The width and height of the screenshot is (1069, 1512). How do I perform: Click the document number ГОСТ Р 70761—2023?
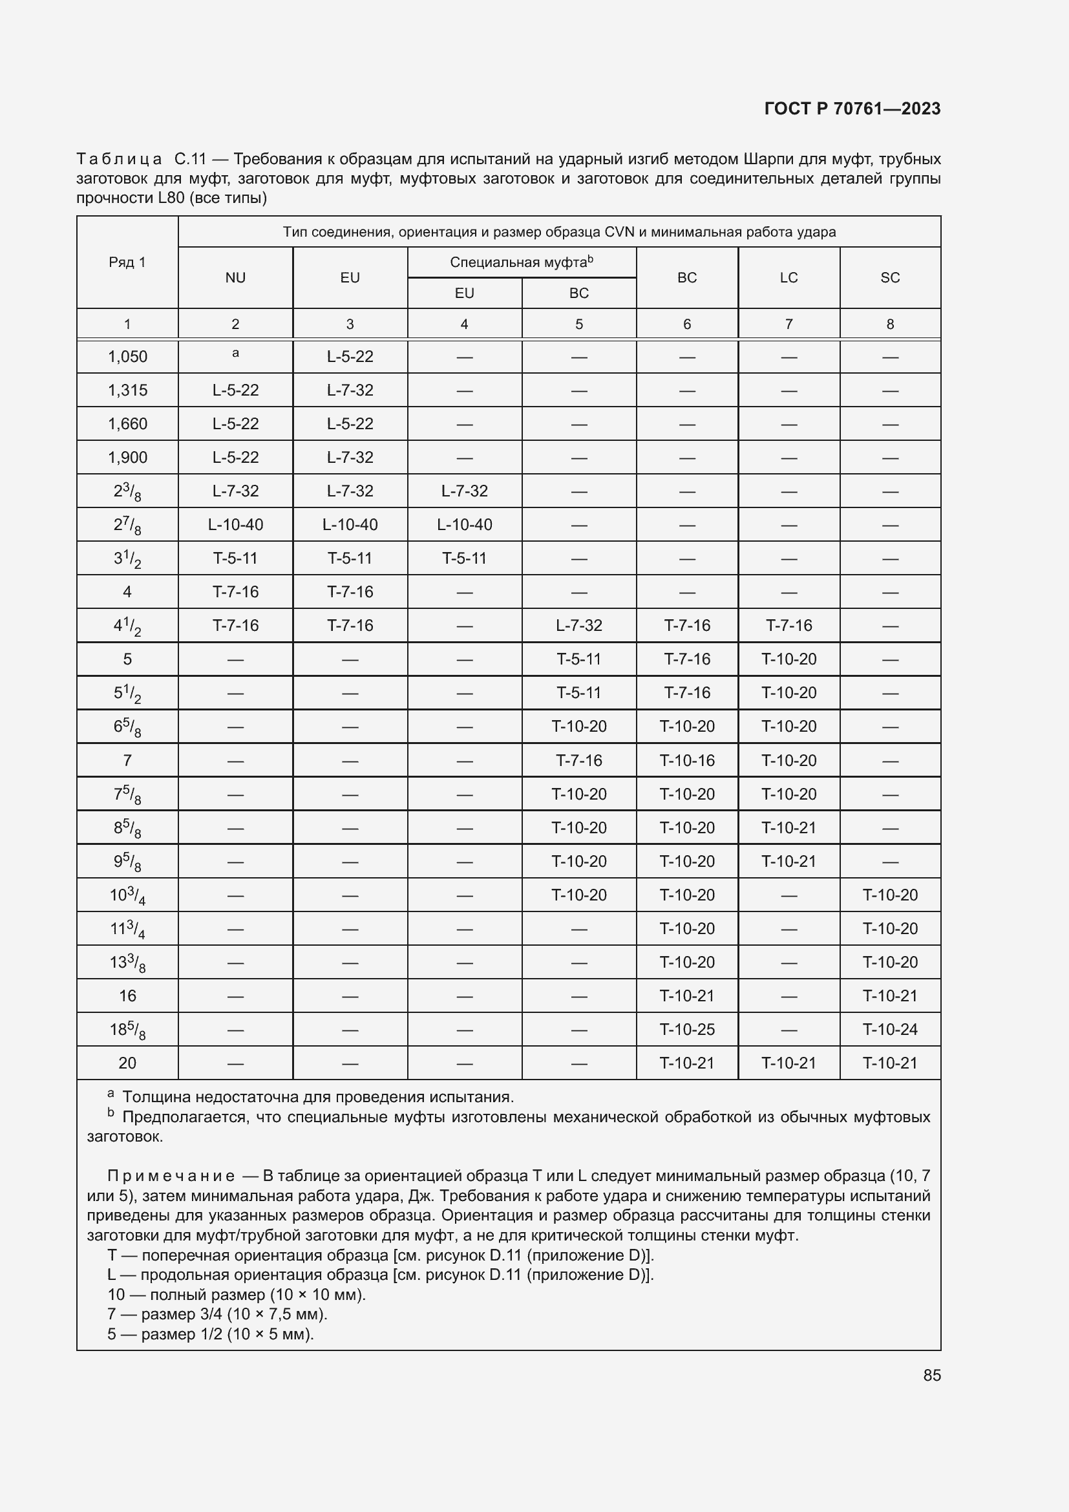tap(852, 109)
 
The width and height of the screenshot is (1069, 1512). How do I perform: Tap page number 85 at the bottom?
tap(931, 1375)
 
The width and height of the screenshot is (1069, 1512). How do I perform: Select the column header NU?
tap(235, 278)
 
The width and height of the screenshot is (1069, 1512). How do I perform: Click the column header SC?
tap(889, 278)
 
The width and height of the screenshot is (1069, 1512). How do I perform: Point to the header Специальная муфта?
tap(521, 262)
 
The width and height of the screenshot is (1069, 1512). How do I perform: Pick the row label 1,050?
tap(127, 357)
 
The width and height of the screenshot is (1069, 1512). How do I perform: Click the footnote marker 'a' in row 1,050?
tap(235, 354)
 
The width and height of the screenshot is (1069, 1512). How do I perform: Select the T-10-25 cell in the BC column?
tap(686, 1029)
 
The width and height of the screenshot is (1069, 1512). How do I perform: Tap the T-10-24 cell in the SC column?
tap(889, 1029)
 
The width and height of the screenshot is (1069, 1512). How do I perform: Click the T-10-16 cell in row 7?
tap(686, 761)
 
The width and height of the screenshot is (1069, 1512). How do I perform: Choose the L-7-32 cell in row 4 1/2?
tap(578, 626)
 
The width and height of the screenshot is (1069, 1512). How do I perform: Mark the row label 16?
tap(127, 996)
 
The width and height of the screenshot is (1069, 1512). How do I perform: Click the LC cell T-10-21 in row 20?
tap(788, 1063)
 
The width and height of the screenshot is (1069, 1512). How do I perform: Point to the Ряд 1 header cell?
tap(127, 262)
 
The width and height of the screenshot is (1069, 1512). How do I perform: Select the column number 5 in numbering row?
tap(578, 324)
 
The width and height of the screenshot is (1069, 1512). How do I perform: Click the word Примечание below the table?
tap(171, 1175)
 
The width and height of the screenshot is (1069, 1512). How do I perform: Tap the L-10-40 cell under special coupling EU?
tap(464, 525)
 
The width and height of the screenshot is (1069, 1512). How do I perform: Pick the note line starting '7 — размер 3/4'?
tap(217, 1314)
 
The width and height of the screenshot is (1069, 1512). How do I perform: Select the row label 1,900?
tap(127, 458)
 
